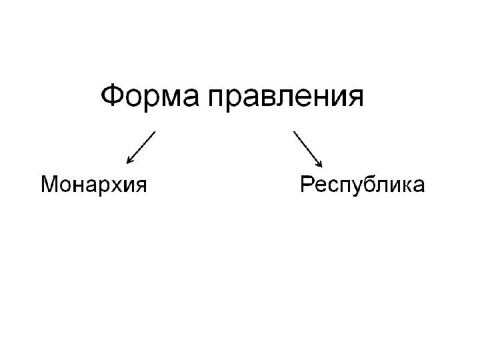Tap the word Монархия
point(93,184)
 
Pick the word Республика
point(362,185)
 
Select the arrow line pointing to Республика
point(306,146)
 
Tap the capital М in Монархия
point(50,183)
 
